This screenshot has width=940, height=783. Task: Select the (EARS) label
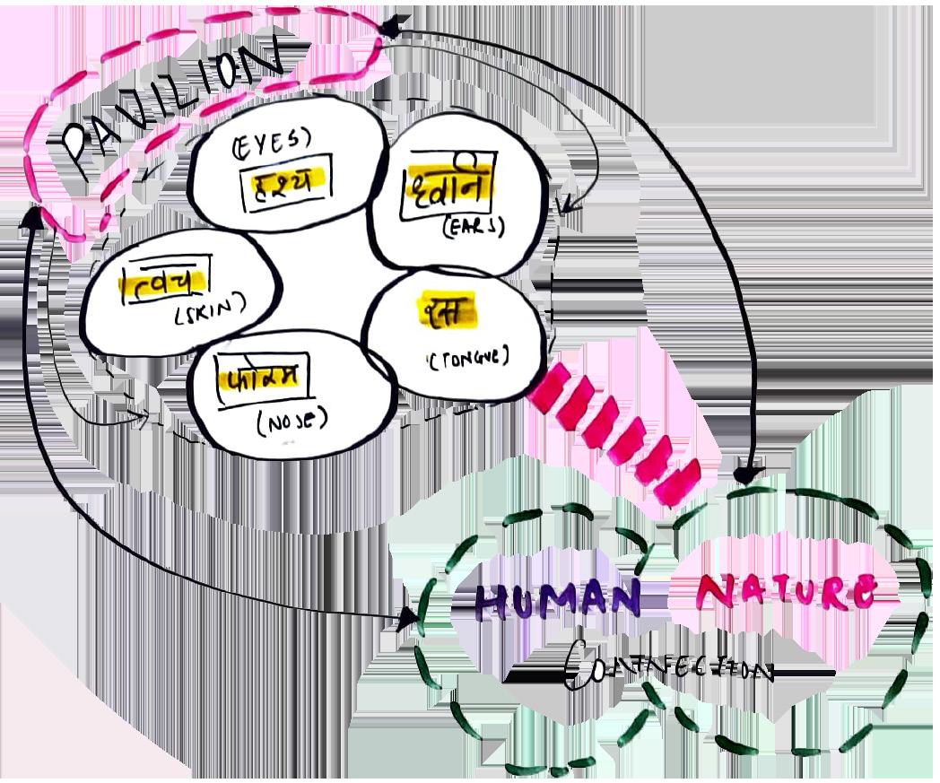pyautogui.click(x=474, y=228)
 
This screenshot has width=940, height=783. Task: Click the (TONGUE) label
pyautogui.click(x=468, y=357)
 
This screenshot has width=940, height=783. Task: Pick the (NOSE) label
pyautogui.click(x=292, y=420)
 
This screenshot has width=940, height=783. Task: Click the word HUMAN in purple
pyautogui.click(x=557, y=599)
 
